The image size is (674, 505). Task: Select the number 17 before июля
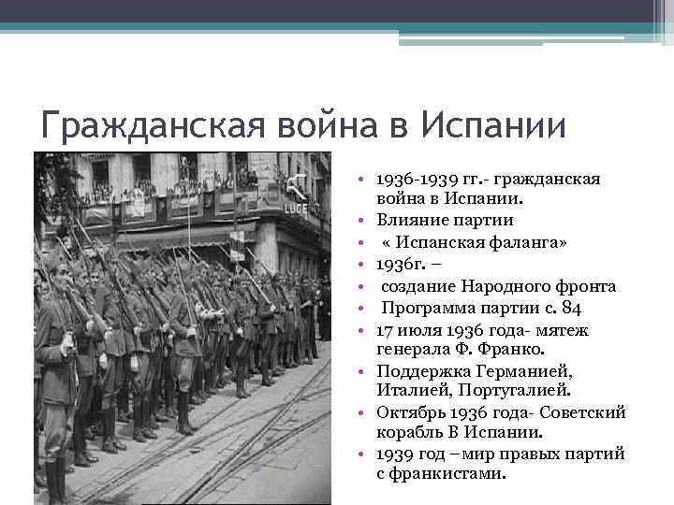pyautogui.click(x=386, y=329)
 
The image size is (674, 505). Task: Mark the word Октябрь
pyautogui.click(x=411, y=413)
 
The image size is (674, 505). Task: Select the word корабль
pyautogui.click(x=411, y=434)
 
